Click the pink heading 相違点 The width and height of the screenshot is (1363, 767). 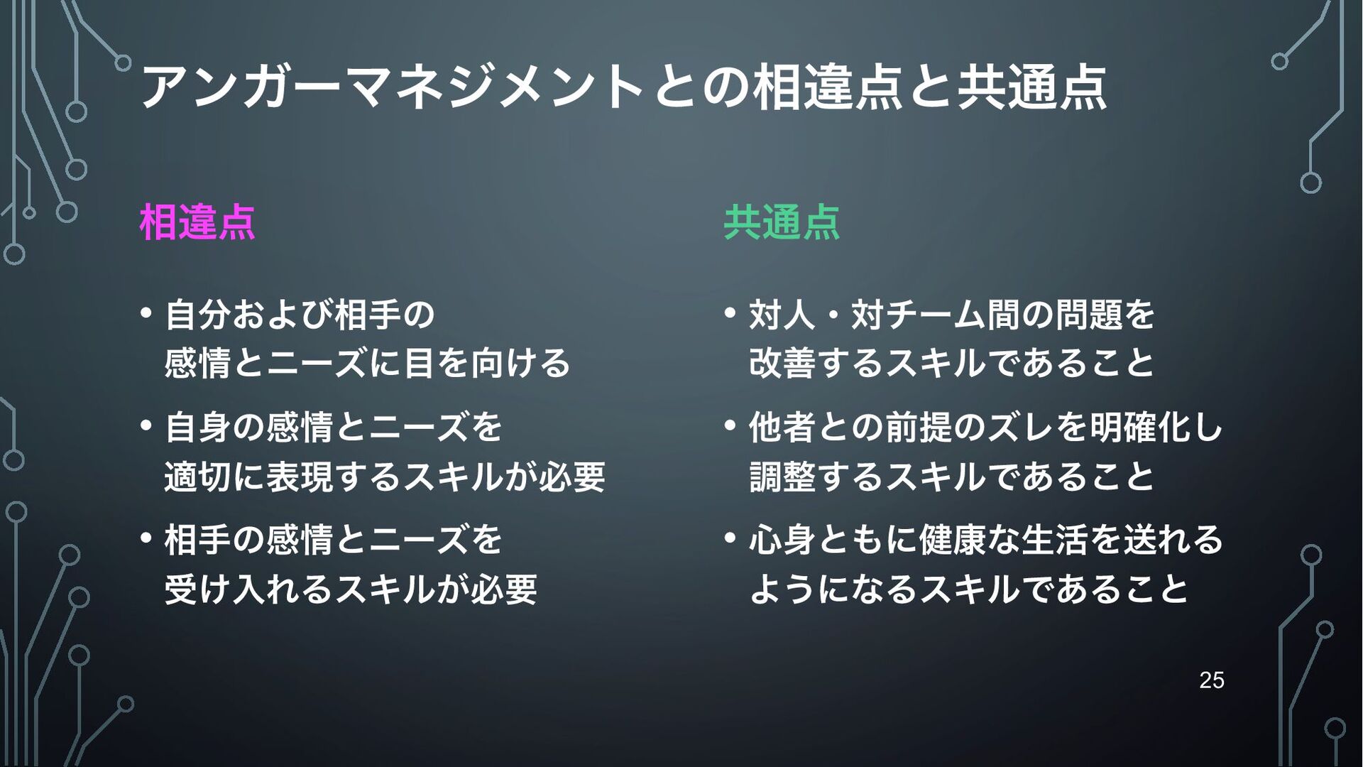pos(197,222)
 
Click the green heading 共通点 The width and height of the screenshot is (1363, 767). pos(782,222)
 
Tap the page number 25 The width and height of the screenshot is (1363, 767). pos(1212,680)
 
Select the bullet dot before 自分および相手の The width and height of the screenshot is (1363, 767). pos(146,312)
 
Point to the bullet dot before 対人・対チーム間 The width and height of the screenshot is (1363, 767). pos(730,312)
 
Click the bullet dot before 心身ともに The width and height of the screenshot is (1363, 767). pos(730,538)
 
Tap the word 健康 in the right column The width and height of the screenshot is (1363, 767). pos(953,539)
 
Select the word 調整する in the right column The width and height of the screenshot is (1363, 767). pos(816,476)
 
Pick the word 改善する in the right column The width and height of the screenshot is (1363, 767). pos(816,362)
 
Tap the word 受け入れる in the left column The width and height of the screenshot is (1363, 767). pos(248,589)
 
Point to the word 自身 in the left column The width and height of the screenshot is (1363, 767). pos(198,427)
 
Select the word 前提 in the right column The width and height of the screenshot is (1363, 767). pos(919,427)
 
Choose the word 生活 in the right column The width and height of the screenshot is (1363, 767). pos(1055,539)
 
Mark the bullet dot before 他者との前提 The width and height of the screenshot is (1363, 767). pos(730,425)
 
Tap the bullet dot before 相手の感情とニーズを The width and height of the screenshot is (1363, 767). pos(146,538)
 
